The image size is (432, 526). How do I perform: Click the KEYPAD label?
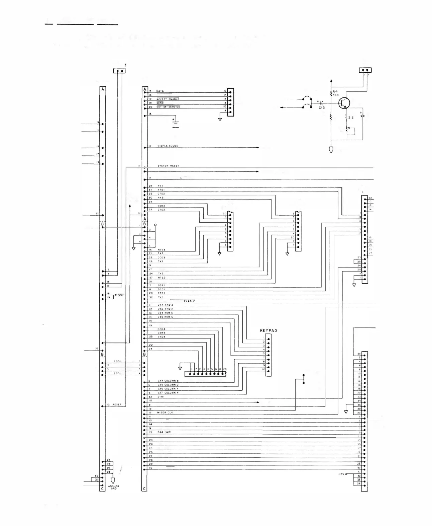[268, 330]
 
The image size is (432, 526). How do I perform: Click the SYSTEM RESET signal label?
[168, 166]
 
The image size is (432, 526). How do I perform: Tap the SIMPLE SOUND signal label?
[168, 146]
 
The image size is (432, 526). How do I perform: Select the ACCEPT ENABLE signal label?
[168, 99]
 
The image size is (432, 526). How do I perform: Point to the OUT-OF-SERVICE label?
[168, 107]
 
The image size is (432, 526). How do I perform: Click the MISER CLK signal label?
[165, 412]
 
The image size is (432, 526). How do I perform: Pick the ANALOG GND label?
[114, 487]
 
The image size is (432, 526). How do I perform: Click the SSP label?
[121, 295]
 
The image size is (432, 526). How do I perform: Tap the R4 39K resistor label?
[336, 93]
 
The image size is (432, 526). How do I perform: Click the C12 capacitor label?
[322, 108]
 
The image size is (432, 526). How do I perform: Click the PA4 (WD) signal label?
[164, 432]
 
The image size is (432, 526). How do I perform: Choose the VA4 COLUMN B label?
[168, 381]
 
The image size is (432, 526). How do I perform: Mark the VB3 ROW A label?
[166, 305]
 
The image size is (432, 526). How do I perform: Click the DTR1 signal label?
[161, 397]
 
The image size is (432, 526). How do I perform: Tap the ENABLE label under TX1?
[189, 301]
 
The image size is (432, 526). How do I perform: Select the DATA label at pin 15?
[160, 91]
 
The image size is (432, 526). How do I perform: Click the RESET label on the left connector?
[117, 405]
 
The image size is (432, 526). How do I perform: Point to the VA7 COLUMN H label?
[168, 393]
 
